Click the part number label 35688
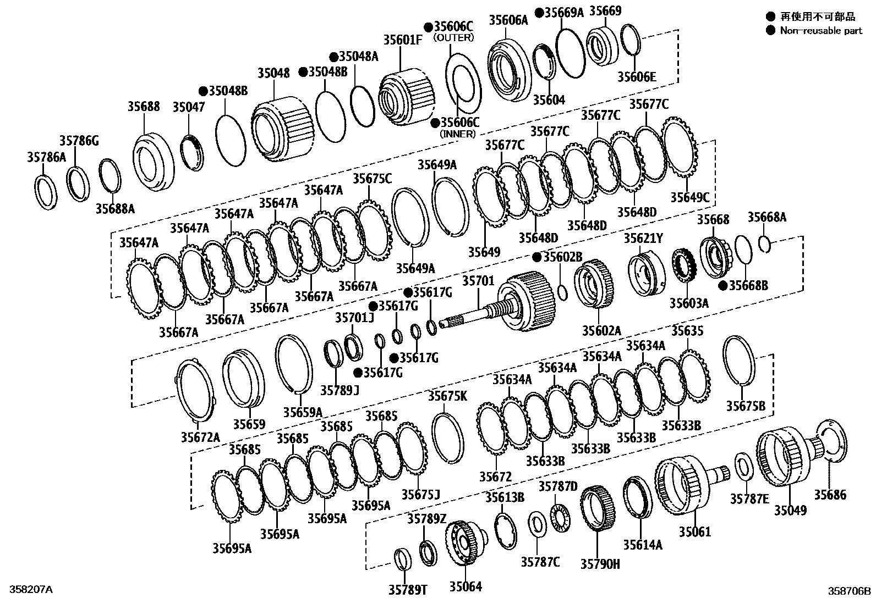pyautogui.click(x=144, y=106)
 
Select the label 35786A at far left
pyautogui.click(x=46, y=158)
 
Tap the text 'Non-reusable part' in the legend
pyautogui.click(x=821, y=31)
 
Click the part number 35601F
pyautogui.click(x=403, y=40)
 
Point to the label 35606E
pyautogui.click(x=636, y=77)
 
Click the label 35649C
pyautogui.click(x=689, y=197)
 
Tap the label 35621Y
pyautogui.click(x=643, y=238)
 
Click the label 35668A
pyautogui.click(x=766, y=217)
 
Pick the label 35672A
pyautogui.click(x=200, y=437)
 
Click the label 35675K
pyautogui.click(x=447, y=396)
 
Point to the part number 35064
pyautogui.click(x=465, y=586)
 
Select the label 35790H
pyautogui.click(x=600, y=563)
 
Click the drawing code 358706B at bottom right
pyautogui.click(x=850, y=591)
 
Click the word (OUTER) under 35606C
pyautogui.click(x=453, y=37)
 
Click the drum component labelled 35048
pyautogui.click(x=283, y=129)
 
